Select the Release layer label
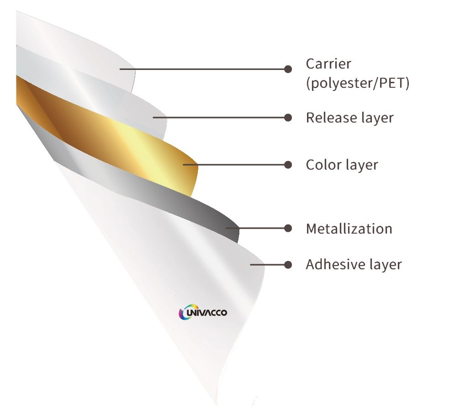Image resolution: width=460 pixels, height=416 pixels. [349, 117]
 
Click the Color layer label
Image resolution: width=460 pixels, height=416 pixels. [342, 165]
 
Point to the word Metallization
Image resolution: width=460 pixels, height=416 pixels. [349, 228]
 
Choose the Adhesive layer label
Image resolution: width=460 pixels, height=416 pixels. [354, 264]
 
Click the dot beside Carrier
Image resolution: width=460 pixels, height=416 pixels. [288, 69]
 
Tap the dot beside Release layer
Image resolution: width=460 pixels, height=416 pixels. [288, 117]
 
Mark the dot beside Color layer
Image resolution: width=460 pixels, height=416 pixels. [288, 165]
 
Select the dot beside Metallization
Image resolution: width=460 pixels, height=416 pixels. [288, 228]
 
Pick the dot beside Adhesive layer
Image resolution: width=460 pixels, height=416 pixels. [288, 264]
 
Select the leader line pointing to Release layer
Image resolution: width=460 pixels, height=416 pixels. [219, 117]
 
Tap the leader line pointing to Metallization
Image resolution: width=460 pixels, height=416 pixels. [256, 228]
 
